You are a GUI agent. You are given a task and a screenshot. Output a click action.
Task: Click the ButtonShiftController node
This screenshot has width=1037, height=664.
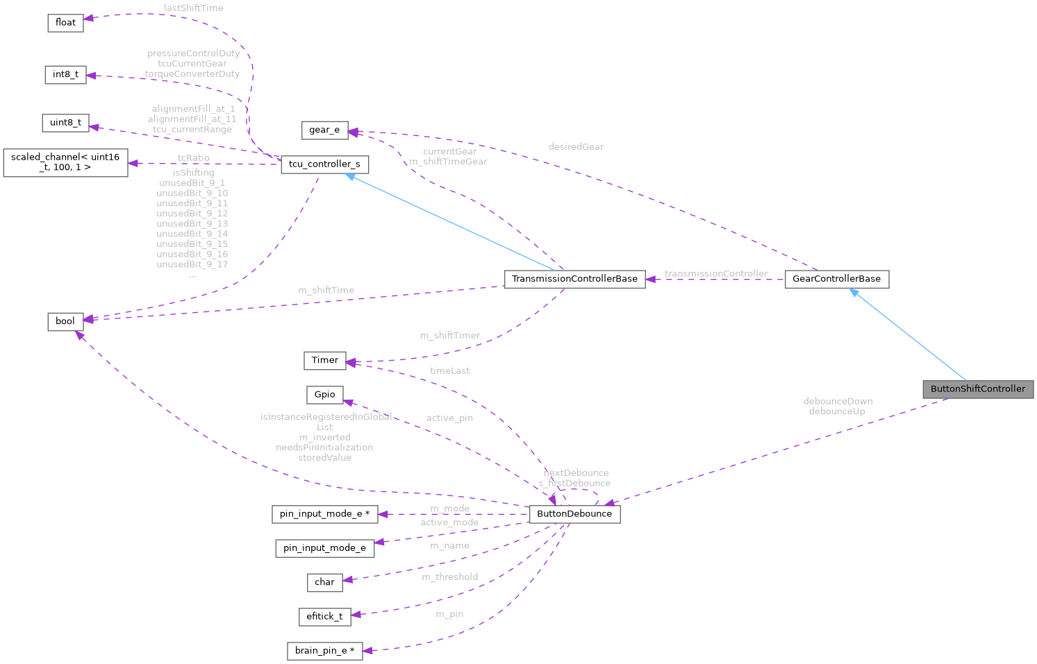977,389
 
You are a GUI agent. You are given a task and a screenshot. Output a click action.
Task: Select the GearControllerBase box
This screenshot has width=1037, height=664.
836,279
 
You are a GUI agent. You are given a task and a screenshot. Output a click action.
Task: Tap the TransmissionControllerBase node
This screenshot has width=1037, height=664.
574,279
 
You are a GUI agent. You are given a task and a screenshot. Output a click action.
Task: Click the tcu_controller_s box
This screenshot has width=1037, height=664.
324,164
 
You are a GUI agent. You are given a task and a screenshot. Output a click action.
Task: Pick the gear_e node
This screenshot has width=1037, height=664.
324,130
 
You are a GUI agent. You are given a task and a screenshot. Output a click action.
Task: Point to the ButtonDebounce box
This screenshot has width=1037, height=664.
574,514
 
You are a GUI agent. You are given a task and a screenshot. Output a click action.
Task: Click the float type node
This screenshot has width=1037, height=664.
65,23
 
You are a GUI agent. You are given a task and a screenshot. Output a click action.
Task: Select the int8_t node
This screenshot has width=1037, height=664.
65,75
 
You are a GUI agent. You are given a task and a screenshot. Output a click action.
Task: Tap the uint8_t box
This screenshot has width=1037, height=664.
65,123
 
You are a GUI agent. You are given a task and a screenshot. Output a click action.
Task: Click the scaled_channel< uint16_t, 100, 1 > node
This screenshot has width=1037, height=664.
65,162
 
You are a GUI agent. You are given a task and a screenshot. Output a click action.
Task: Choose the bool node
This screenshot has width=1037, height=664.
65,321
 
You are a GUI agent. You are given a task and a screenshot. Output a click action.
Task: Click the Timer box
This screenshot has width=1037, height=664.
324,360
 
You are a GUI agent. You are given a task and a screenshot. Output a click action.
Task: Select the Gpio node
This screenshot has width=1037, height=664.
324,395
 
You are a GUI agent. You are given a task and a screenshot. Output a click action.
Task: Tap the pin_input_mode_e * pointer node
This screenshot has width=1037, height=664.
324,514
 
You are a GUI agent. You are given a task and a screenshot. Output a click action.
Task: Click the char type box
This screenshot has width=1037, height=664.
324,582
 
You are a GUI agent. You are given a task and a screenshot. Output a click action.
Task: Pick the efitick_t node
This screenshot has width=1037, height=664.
324,616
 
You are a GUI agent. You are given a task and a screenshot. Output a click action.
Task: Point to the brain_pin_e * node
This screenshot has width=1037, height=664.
324,651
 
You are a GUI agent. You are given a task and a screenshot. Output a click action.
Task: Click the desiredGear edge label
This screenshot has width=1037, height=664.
576,147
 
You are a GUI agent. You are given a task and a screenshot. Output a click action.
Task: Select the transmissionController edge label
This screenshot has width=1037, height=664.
716,274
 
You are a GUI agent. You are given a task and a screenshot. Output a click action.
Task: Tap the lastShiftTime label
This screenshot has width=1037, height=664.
194,8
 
